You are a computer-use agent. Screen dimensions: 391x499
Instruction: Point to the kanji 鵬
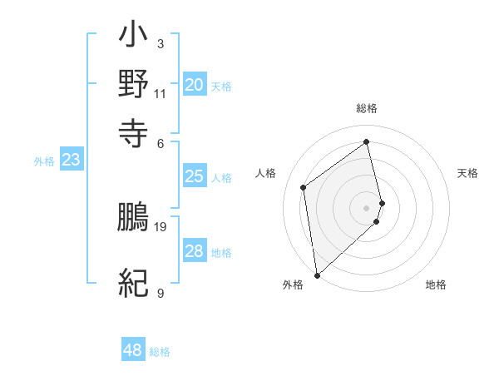[x=133, y=217]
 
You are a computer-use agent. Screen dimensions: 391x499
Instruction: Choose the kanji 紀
[x=133, y=283]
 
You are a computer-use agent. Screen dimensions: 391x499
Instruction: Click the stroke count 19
[x=161, y=226]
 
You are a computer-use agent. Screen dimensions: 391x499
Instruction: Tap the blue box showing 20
[x=195, y=84]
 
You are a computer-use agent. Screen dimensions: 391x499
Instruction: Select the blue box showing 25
[x=195, y=176]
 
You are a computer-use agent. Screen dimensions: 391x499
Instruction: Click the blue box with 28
[x=195, y=251]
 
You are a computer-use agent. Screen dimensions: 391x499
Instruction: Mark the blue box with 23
[x=71, y=161]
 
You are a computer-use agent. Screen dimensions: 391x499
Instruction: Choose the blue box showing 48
[x=133, y=350]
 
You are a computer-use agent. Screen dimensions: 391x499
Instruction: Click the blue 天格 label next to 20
[x=221, y=86]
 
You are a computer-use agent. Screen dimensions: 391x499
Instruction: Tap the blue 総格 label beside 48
[x=160, y=352]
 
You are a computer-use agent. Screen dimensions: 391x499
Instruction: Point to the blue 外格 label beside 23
[x=44, y=162]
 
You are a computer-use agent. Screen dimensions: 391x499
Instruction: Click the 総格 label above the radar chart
[x=367, y=108]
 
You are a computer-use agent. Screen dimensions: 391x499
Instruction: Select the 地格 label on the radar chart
[x=436, y=285]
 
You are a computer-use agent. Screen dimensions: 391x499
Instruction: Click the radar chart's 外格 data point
[x=317, y=275]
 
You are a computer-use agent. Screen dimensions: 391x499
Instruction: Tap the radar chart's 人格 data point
[x=304, y=187]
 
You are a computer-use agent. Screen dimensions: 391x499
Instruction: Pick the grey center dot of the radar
[x=367, y=207]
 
